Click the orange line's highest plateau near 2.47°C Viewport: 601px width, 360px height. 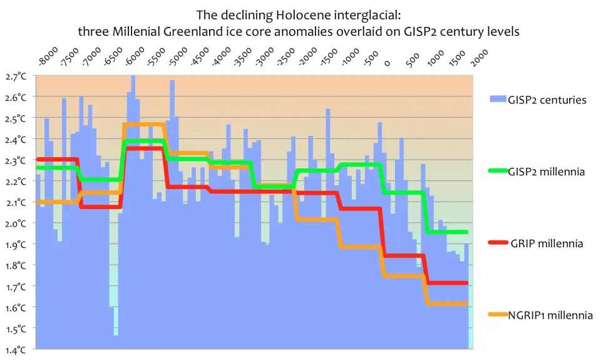[x=144, y=125]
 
